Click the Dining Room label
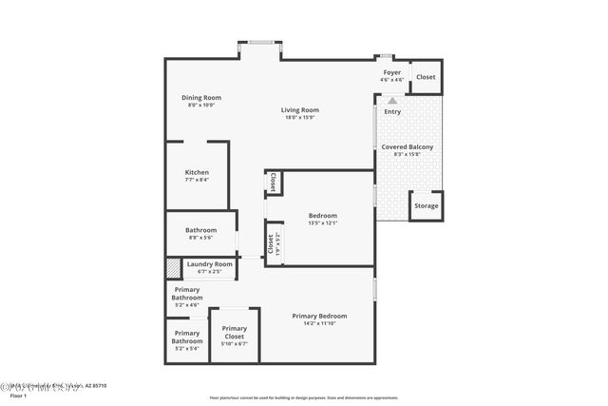[x=201, y=97]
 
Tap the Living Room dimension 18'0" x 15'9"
[x=299, y=118]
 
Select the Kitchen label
[x=197, y=172]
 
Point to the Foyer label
[x=391, y=72]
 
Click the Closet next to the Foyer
[x=426, y=77]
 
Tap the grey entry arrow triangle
[x=391, y=100]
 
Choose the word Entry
[x=392, y=112]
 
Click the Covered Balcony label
[x=408, y=146]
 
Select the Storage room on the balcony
[x=427, y=205]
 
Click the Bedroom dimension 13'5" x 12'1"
[x=322, y=223]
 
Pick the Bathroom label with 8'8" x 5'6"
[x=200, y=229]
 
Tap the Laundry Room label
[x=209, y=263]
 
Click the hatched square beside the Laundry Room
[x=173, y=268]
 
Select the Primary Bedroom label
[x=319, y=316]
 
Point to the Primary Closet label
[x=234, y=332]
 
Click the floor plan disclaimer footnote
[x=303, y=397]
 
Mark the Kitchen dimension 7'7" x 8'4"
[x=197, y=180]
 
